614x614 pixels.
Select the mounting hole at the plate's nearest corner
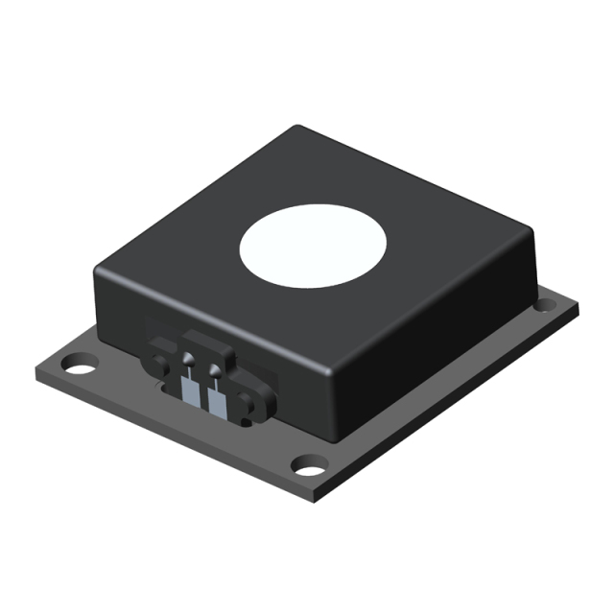click(307, 467)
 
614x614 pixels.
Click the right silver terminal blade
click(217, 402)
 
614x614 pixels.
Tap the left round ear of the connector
click(153, 364)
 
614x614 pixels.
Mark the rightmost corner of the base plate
click(578, 307)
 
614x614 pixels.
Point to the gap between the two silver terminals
click(203, 397)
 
